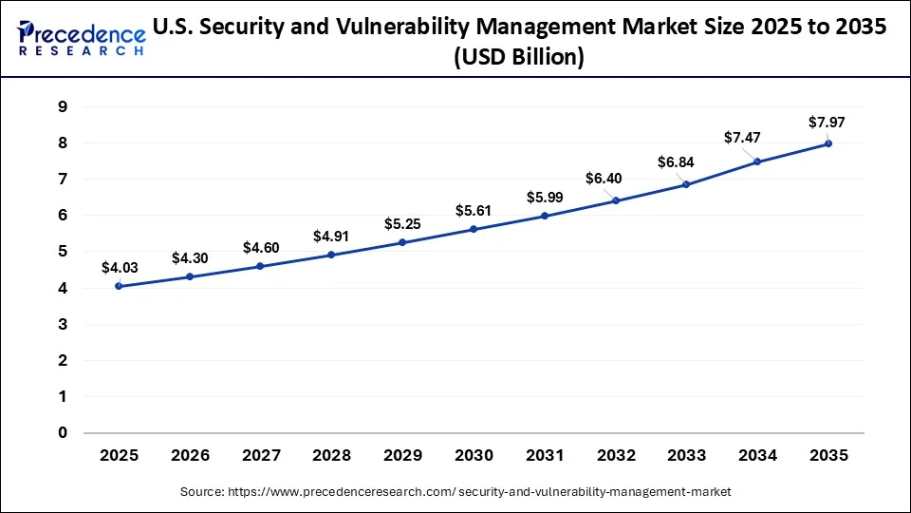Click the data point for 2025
119,286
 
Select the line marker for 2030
474,229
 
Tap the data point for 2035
828,143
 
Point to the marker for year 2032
615,200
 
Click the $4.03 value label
119,268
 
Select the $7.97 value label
825,122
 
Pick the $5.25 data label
401,224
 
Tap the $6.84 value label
675,162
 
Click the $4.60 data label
260,247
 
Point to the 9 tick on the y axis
62,106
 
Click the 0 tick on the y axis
62,433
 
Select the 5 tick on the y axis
62,252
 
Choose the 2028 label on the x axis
331,455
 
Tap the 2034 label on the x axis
757,455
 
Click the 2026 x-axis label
190,455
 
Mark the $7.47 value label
742,138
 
